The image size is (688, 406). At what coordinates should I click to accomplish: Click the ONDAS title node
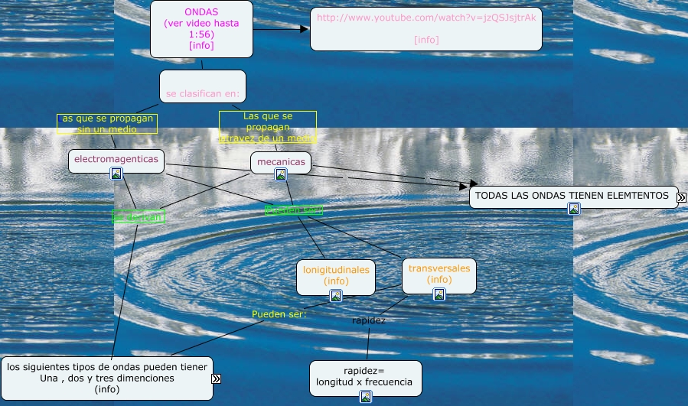tap(201, 28)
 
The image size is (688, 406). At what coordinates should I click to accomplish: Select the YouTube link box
tap(426, 28)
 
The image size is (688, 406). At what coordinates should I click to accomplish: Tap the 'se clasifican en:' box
tap(203, 86)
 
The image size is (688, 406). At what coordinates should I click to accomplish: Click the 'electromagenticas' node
tap(116, 159)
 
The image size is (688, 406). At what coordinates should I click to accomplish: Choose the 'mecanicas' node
tap(281, 161)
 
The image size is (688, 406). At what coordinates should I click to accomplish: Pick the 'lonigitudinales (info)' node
tap(336, 274)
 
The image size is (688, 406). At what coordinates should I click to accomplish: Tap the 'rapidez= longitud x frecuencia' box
tap(365, 376)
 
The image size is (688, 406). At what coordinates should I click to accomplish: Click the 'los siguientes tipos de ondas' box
tap(106, 378)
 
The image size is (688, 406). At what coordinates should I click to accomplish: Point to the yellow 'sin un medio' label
tap(107, 124)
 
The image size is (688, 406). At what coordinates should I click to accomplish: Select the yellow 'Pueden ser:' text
tap(279, 313)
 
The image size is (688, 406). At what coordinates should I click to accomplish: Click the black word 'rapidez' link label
tap(369, 320)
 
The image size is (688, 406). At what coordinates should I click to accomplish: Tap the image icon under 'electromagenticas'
tap(116, 174)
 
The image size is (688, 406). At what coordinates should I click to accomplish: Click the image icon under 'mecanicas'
tap(281, 174)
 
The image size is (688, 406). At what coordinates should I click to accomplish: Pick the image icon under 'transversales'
tap(439, 294)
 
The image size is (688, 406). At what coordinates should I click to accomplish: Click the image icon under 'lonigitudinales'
tap(336, 296)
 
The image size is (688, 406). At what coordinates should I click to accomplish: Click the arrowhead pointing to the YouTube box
tap(305, 29)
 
